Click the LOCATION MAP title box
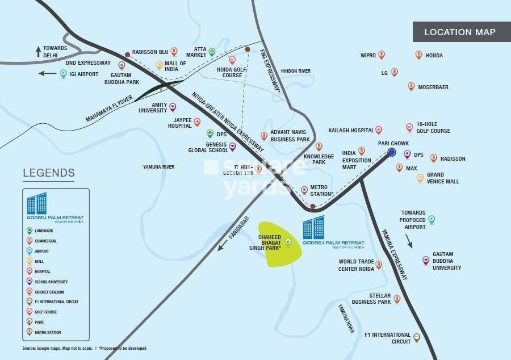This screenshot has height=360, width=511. pyautogui.click(x=459, y=32)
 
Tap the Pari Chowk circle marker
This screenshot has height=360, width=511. pyautogui.click(x=392, y=152)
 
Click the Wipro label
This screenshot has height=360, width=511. pyautogui.click(x=368, y=56)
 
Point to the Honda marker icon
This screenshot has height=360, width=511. pyautogui.click(x=418, y=55)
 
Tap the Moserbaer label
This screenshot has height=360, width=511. pyautogui.click(x=435, y=87)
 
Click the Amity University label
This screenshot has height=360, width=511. pyautogui.click(x=152, y=108)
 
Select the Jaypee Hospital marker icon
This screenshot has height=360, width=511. pyautogui.click(x=197, y=122)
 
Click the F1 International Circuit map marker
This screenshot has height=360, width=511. pyautogui.click(x=417, y=337)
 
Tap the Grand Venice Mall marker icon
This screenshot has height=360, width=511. pyautogui.click(x=420, y=178)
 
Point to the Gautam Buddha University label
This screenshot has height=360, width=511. pyautogui.click(x=446, y=261)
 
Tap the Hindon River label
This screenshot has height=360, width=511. pyautogui.click(x=296, y=71)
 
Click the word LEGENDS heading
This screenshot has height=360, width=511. pyautogui.click(x=49, y=173)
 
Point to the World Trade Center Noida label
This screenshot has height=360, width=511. pyautogui.click(x=356, y=265)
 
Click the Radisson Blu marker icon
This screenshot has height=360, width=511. pyautogui.click(x=174, y=51)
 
